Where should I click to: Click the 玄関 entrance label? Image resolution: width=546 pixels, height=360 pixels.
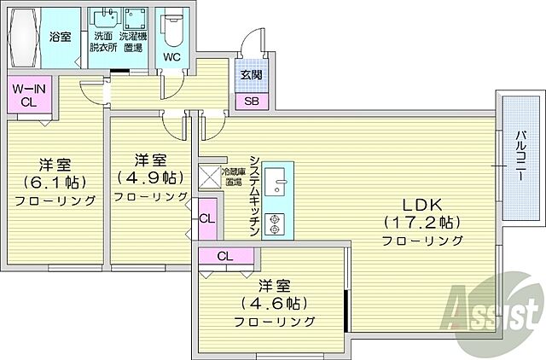(x=251, y=73)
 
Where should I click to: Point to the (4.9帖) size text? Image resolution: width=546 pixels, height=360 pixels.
(x=149, y=177)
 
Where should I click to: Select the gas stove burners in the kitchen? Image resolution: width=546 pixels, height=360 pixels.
(x=276, y=223)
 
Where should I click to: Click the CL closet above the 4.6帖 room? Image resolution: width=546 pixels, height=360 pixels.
(x=225, y=256)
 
